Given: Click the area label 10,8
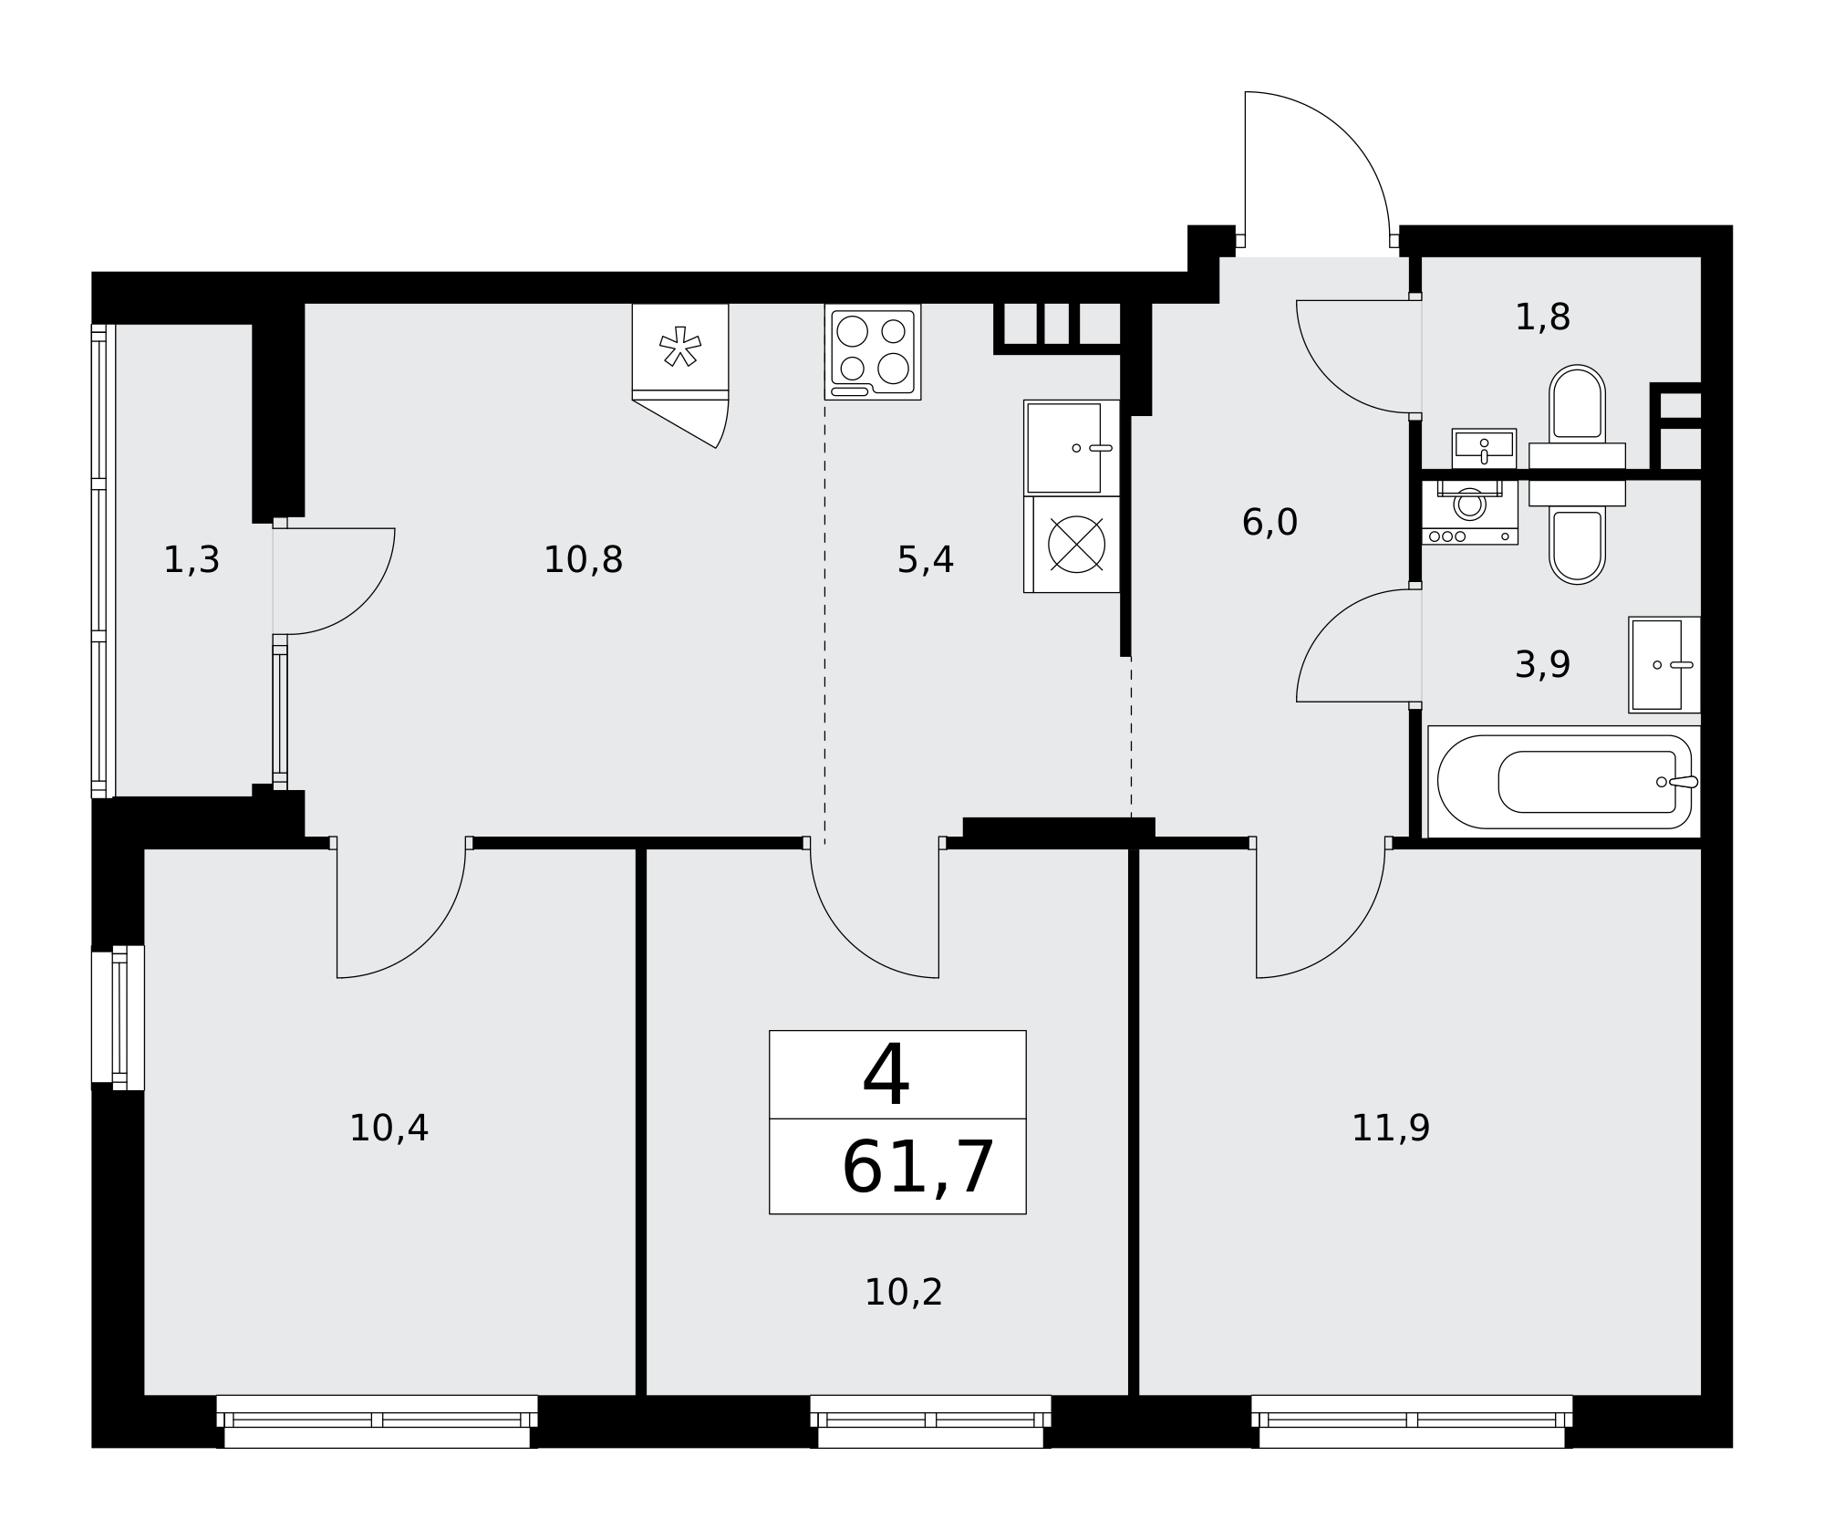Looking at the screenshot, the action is pos(583,560).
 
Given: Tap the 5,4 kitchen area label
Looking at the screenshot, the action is pos(925,560).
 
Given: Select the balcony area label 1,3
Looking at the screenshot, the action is pos(192,560).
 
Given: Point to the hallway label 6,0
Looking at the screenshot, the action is pos(1270,523).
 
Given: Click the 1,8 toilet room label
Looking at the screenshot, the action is pos(1542,317).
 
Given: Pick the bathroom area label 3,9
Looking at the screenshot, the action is pos(1542,665).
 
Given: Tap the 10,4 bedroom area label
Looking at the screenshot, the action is pos(389,1129).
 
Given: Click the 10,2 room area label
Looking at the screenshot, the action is pos(903,1293).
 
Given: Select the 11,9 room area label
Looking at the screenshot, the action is pos(1390,1129).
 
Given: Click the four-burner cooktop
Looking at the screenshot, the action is pos(873,352).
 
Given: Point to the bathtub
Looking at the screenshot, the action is pos(1564,782).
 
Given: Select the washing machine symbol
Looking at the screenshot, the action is pos(1469,512).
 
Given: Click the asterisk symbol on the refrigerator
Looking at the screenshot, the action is pos(680,347).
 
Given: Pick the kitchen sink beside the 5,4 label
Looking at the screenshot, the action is pos(1072,448).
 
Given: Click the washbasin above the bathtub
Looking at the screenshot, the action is pos(1664,665).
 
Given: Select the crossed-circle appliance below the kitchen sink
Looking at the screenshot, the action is pos(1076,545).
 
